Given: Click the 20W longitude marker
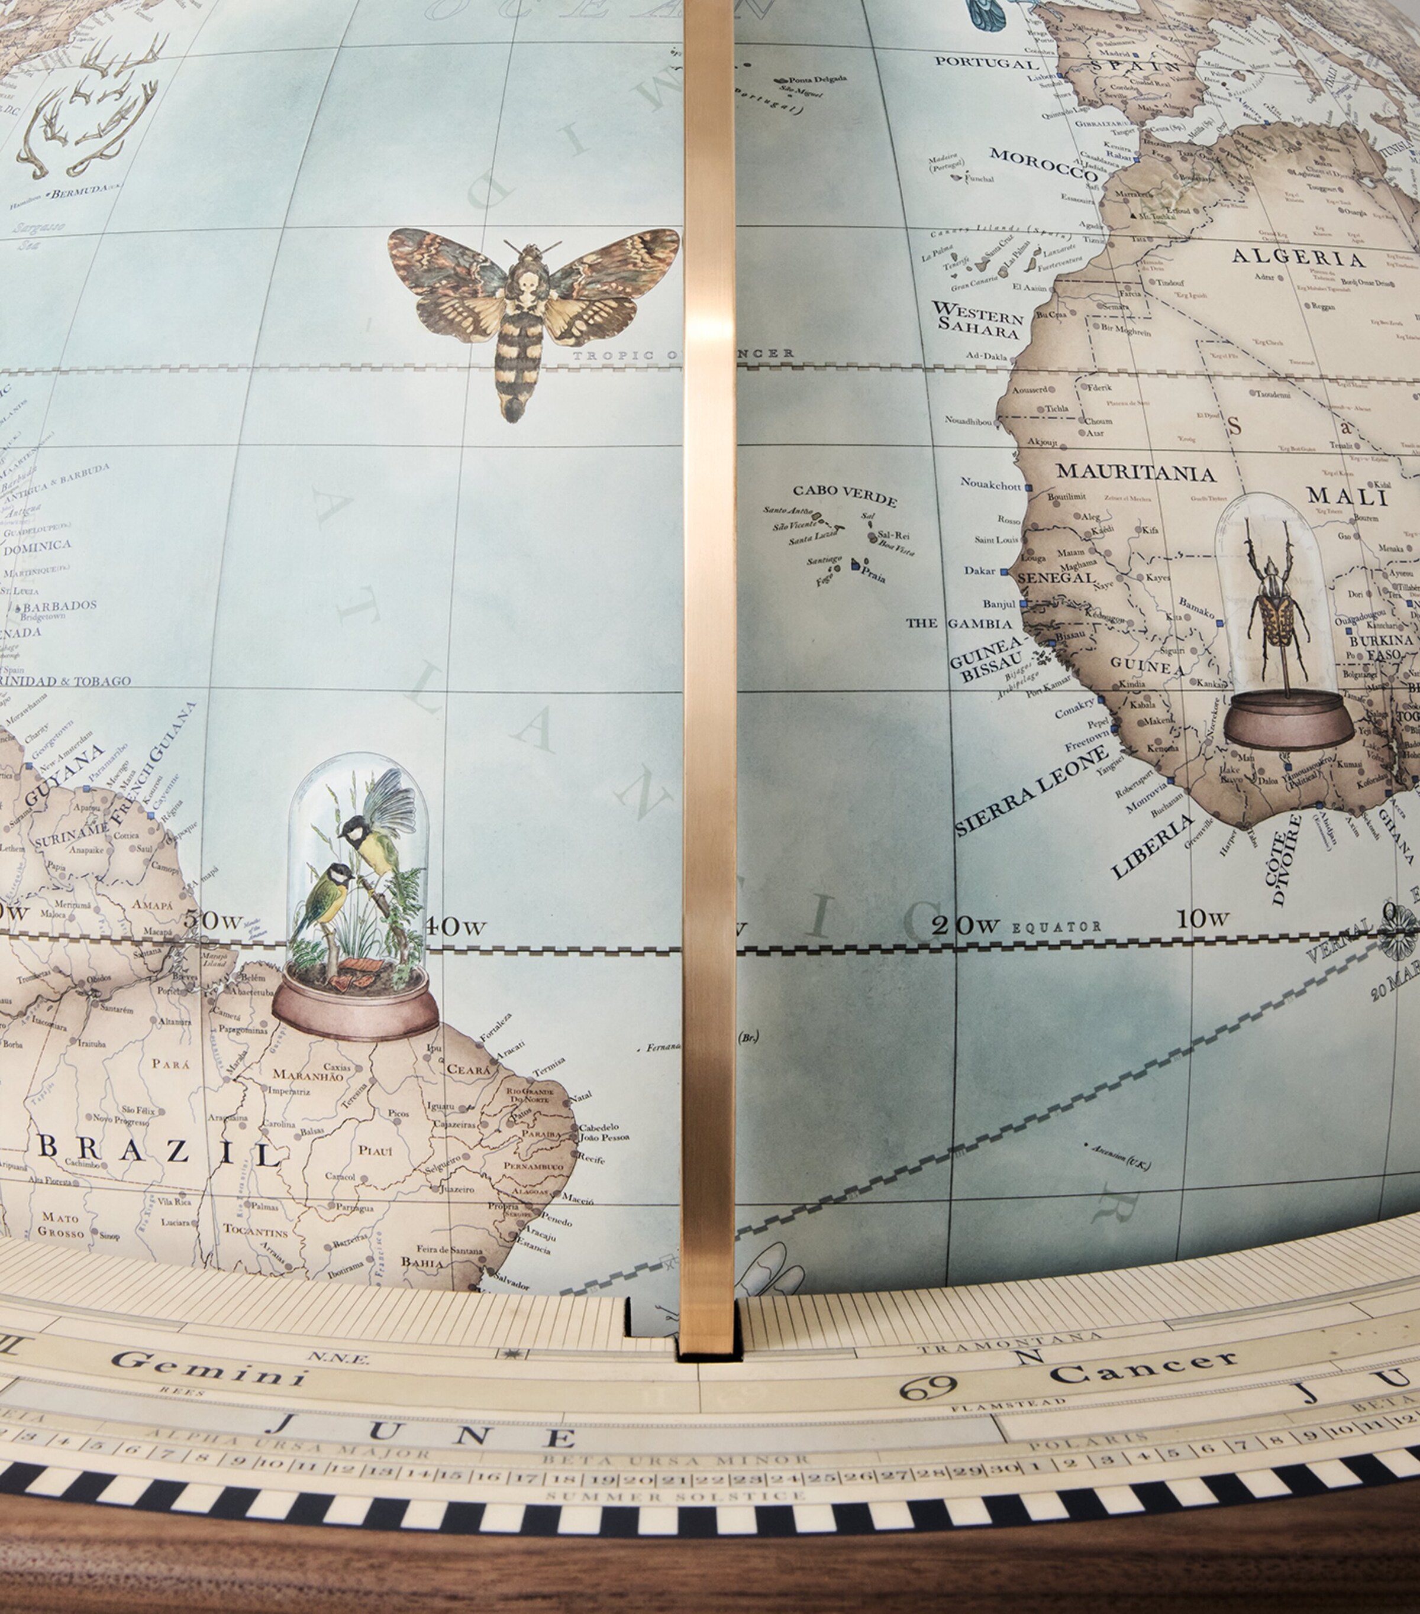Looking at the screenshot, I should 965,926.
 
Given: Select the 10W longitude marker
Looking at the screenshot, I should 1202,919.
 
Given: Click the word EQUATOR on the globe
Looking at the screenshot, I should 1056,926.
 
